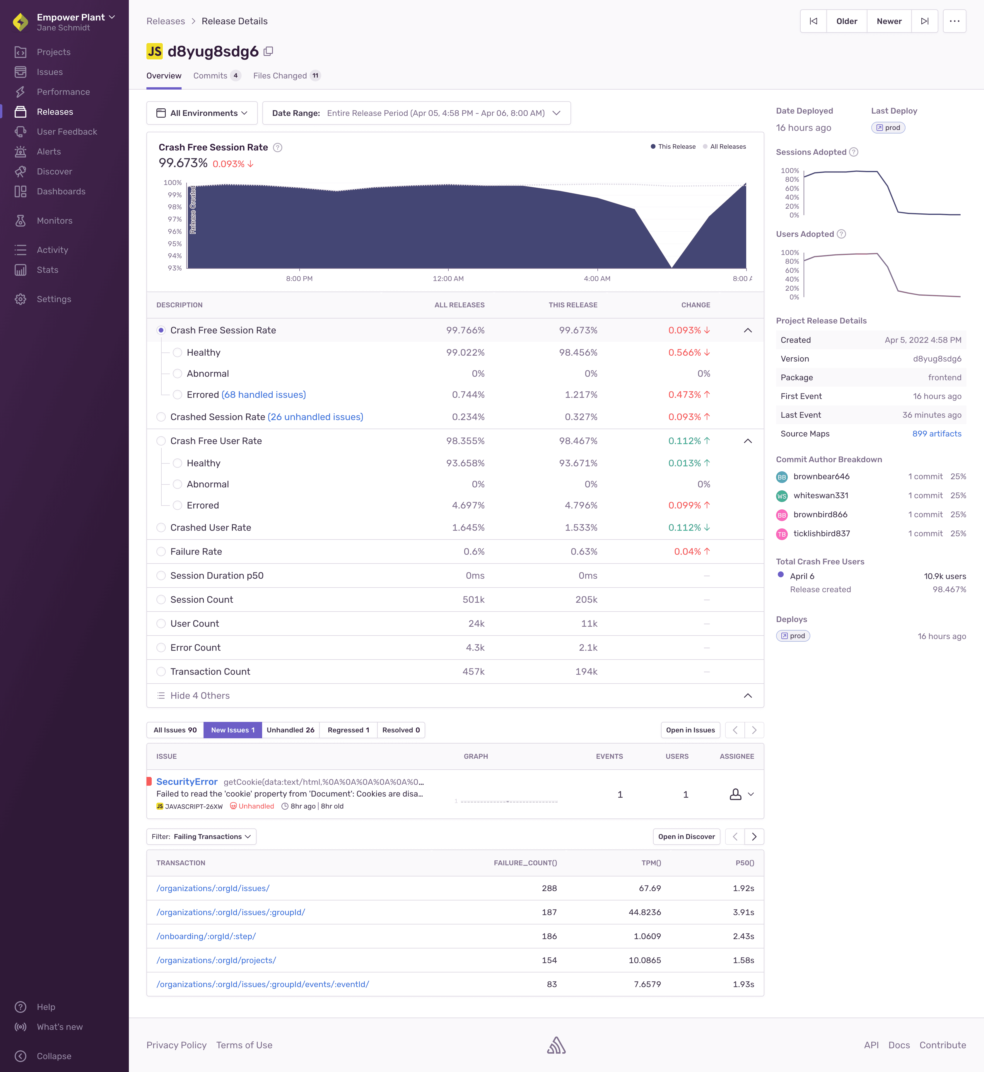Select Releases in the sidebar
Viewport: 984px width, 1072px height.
(x=55, y=112)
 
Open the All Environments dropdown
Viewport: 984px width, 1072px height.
(x=202, y=113)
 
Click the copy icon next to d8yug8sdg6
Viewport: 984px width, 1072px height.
(x=268, y=51)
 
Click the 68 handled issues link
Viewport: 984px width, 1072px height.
(x=264, y=394)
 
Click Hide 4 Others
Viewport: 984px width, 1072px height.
(x=200, y=695)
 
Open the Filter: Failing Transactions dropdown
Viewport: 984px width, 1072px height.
(x=201, y=836)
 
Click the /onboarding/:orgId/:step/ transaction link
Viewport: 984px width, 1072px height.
(x=206, y=936)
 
